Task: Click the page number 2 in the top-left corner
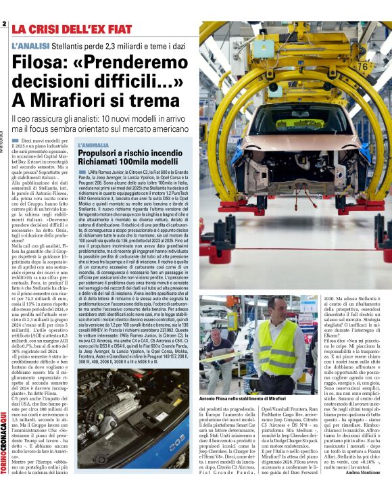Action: (x=4, y=24)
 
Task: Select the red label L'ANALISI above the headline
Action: (x=30, y=45)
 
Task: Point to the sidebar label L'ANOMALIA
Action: (x=93, y=145)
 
